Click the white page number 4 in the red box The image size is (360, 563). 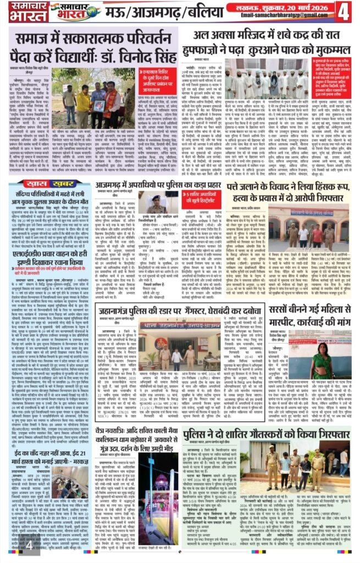(344, 11)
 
